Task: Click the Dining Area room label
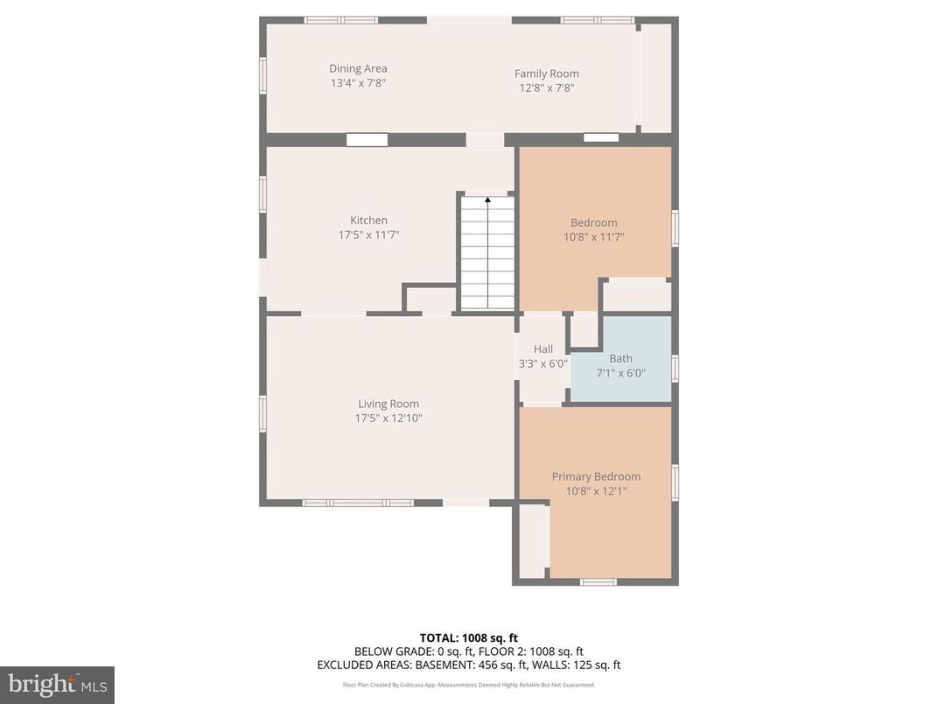coord(358,68)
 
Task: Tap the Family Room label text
coord(546,74)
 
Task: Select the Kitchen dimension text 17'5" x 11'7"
coord(368,235)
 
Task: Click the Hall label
coord(542,349)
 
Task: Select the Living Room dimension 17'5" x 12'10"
coord(388,419)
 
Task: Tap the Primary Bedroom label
coord(596,476)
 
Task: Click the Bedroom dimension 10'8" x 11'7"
coord(594,236)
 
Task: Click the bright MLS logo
coord(57,684)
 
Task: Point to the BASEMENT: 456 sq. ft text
coord(498,665)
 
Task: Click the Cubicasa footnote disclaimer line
coord(468,685)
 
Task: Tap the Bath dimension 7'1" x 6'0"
coord(620,373)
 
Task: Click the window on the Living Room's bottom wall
coord(358,503)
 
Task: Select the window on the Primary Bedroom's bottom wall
coord(598,581)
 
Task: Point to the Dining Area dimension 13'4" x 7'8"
coord(358,83)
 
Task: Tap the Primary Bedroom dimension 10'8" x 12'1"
coord(596,491)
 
